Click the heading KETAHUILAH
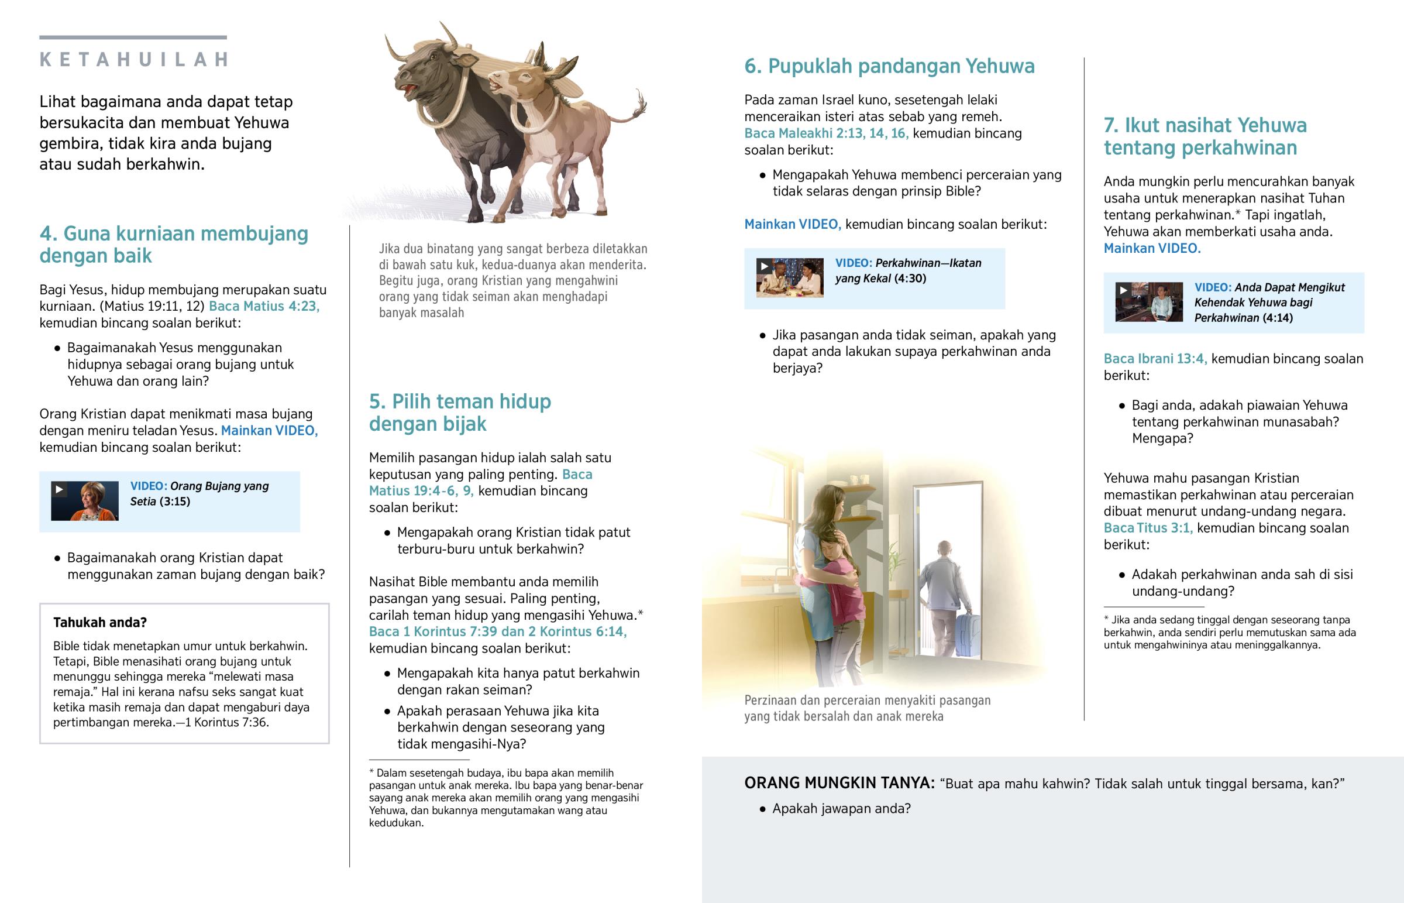click(133, 60)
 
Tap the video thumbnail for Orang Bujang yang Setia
click(84, 501)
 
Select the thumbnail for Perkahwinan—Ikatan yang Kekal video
click(789, 278)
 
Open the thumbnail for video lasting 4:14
click(1148, 302)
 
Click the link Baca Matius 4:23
click(264, 306)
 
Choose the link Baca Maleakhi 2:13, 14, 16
click(826, 133)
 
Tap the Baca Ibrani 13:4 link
click(1155, 359)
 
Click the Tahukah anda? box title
click(99, 622)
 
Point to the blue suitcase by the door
click(968, 634)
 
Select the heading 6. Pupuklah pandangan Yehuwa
click(889, 66)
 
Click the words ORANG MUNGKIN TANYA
click(839, 784)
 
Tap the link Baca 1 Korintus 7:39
click(433, 631)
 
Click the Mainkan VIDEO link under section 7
click(1152, 249)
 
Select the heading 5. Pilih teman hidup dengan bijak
click(460, 412)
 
